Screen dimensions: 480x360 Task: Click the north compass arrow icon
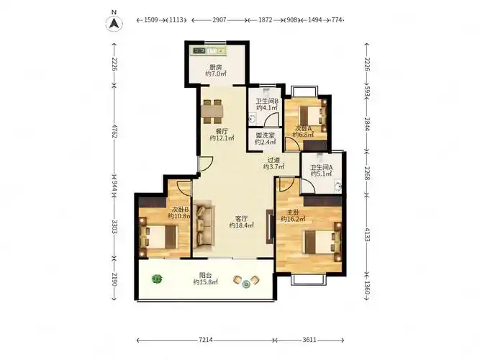coord(114,23)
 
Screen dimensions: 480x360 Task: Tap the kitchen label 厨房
coord(216,67)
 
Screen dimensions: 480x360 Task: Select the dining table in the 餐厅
coord(212,112)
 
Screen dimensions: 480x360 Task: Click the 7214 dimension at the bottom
coord(206,340)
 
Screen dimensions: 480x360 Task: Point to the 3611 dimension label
coord(309,340)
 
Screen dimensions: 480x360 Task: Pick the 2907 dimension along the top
coord(219,20)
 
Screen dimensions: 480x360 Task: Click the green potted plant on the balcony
coord(157,279)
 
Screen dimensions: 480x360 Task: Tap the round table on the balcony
coord(246,284)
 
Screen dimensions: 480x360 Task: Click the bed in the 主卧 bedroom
coord(322,242)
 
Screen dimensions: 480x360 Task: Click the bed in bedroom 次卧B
coord(158,237)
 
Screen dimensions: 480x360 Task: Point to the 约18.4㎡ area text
coord(242,225)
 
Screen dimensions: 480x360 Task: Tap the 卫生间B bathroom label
coord(267,101)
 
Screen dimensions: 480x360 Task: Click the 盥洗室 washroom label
coord(265,135)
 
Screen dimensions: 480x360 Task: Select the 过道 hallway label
coord(273,160)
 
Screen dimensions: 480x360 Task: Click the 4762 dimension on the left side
coord(114,131)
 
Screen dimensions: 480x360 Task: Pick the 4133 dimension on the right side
coord(367,233)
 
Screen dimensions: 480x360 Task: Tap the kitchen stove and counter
coord(210,51)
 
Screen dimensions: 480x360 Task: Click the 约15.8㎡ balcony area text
coord(205,282)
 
